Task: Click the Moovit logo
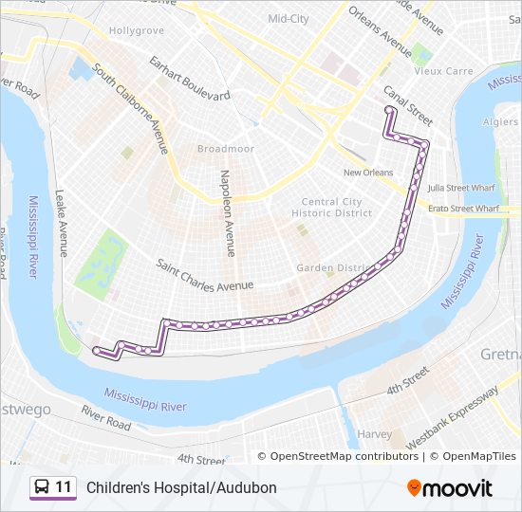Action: click(x=450, y=487)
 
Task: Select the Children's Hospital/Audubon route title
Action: click(x=181, y=487)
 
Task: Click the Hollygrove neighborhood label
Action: click(x=137, y=30)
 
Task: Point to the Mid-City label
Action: click(x=289, y=18)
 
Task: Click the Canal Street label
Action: click(x=408, y=104)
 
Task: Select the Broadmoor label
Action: click(x=221, y=149)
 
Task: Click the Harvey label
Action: click(x=375, y=434)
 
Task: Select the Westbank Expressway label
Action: click(x=452, y=417)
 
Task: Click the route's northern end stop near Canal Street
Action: click(x=388, y=111)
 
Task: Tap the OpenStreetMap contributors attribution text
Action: click(x=345, y=456)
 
